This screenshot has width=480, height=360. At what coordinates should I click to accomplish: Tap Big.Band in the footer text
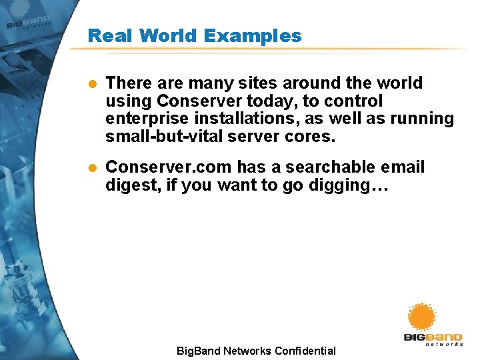pyautogui.click(x=198, y=351)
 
